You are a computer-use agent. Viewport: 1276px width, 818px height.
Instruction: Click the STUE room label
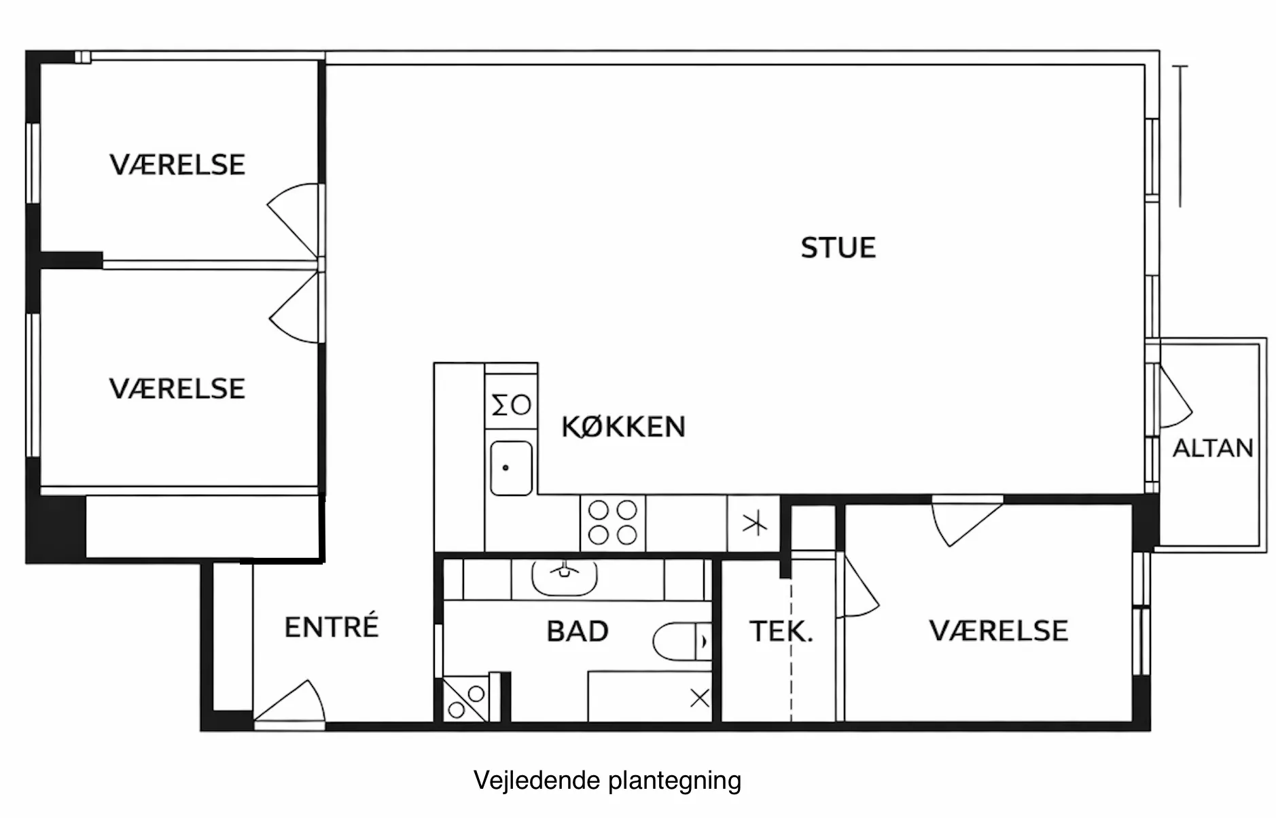[838, 248]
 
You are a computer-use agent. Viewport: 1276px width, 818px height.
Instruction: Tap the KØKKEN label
[623, 427]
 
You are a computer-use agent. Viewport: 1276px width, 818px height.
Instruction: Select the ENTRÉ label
[331, 626]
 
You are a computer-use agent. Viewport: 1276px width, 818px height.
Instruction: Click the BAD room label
[578, 631]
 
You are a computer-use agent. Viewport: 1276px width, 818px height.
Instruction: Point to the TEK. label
[781, 631]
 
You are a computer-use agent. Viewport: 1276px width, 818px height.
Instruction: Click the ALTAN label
[1213, 448]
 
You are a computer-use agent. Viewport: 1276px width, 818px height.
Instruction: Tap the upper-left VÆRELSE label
[177, 165]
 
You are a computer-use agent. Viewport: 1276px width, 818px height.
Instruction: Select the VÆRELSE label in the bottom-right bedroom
[998, 631]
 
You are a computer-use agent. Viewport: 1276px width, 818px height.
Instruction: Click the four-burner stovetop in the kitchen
[613, 522]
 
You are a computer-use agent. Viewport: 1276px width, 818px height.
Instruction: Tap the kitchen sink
[511, 468]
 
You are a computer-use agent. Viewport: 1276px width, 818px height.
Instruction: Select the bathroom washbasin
[564, 577]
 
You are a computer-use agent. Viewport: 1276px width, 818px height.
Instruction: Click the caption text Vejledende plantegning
[607, 781]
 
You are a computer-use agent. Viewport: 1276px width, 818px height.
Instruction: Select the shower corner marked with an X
[700, 698]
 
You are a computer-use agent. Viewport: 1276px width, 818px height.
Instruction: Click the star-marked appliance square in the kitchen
[754, 524]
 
